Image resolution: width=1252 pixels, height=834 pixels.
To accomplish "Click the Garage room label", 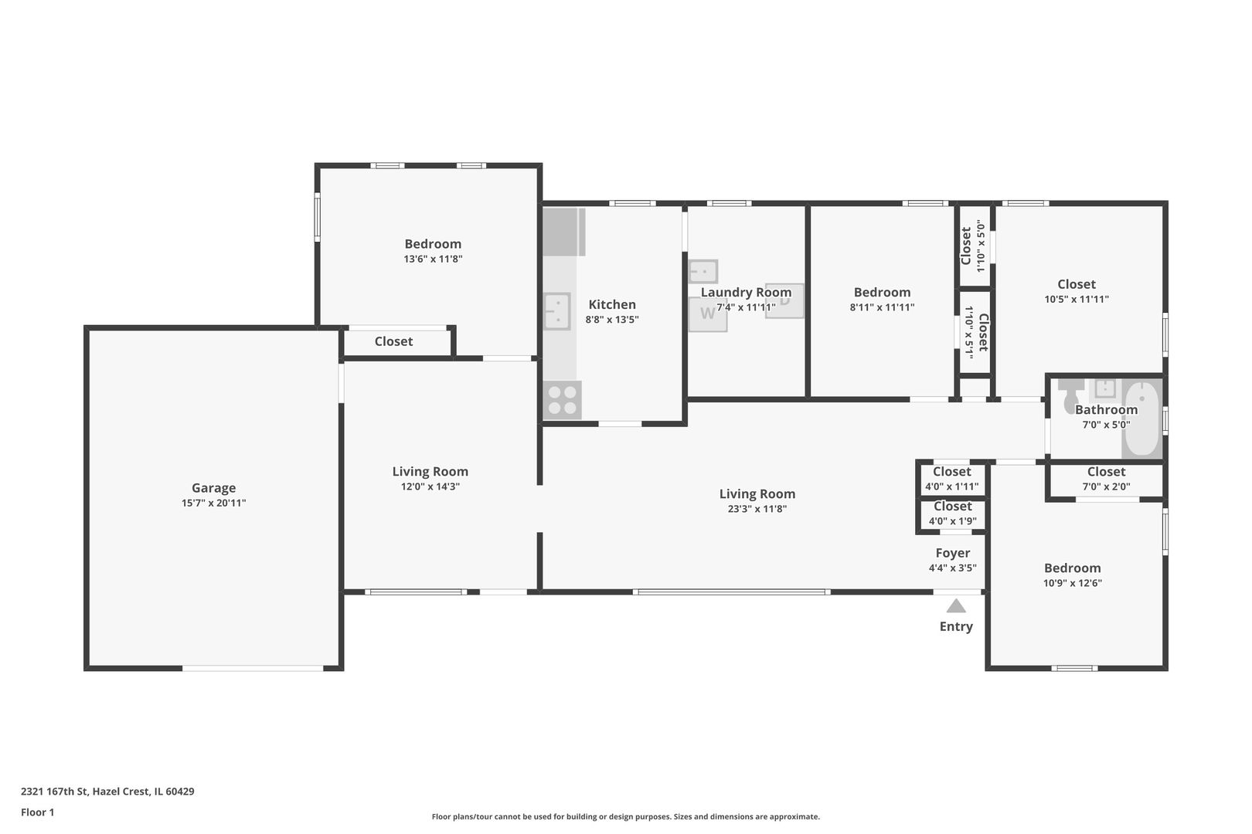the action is point(213,488).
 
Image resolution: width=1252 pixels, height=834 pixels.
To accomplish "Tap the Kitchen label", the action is point(612,304).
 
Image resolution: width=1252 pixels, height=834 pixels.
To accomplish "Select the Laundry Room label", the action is point(746,292).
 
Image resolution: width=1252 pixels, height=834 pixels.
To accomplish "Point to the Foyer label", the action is point(953,553).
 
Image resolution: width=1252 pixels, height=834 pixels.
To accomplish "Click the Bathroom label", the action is point(1106,409).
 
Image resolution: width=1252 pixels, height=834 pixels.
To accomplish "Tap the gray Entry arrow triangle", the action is point(956,606).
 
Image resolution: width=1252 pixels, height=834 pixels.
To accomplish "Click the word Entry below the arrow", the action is point(956,626).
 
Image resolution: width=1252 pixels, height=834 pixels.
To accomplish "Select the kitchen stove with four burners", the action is point(563,400).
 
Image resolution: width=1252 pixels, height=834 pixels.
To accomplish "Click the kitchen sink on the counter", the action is point(557,311).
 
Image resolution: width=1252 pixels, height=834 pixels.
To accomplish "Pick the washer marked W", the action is point(708,314).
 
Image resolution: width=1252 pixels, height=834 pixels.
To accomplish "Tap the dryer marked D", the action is point(784,301).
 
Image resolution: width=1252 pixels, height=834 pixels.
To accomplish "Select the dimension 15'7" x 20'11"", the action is point(213,503).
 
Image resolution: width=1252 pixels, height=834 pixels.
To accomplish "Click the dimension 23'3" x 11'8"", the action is point(757,509).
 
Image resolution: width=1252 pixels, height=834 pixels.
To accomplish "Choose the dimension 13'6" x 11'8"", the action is point(433,259).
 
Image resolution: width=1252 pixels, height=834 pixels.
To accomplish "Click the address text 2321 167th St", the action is point(54,791).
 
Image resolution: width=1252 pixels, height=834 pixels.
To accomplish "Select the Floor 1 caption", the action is point(37,812).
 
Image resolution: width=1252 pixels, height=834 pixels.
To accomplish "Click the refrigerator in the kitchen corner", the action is point(564,232).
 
